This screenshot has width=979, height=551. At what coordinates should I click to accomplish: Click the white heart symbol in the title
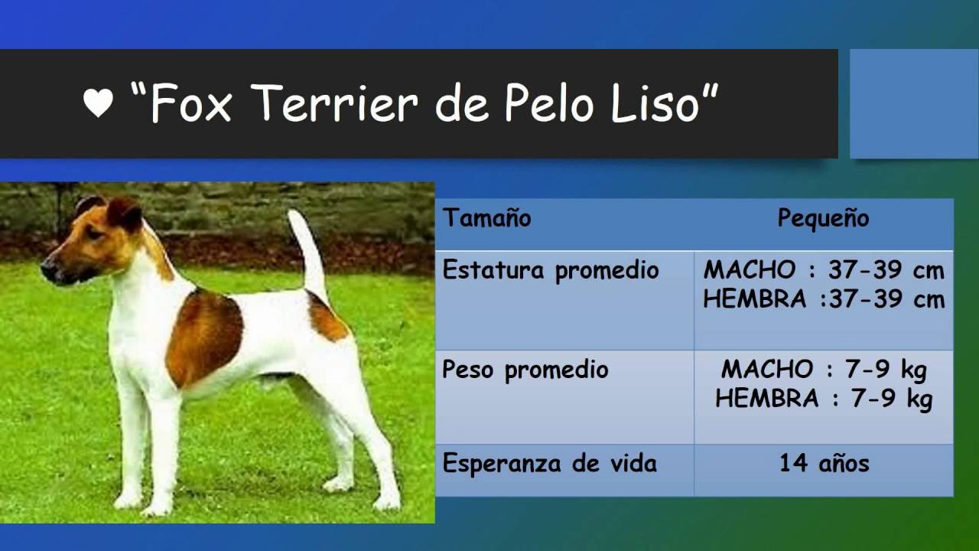tap(98, 103)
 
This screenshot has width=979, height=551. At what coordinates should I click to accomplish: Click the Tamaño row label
tap(487, 218)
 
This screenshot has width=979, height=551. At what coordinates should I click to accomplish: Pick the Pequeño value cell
tap(823, 218)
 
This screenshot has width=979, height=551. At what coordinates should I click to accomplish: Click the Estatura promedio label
tap(551, 270)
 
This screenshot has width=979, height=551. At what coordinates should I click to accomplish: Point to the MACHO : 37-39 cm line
tap(824, 270)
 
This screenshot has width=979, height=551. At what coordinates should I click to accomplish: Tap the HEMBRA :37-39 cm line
tap(824, 299)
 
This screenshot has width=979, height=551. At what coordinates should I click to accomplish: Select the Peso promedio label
tap(525, 370)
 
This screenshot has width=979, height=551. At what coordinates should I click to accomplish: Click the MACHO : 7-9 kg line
tap(824, 370)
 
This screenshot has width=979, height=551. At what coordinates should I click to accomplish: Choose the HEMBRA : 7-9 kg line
tap(824, 399)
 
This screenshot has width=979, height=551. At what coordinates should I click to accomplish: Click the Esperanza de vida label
tap(549, 464)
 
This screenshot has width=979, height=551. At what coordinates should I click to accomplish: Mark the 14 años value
tap(824, 464)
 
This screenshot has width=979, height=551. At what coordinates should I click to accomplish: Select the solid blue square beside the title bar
tap(914, 103)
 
